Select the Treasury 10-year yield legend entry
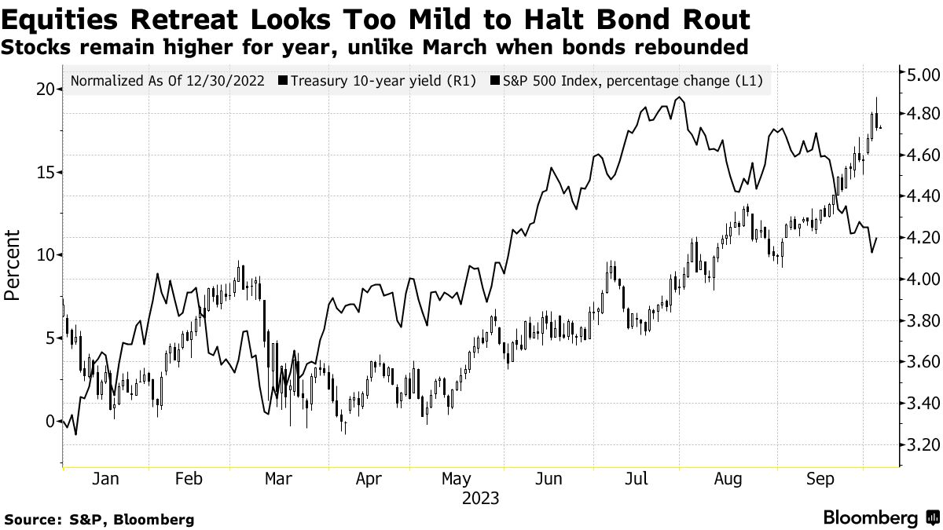383,80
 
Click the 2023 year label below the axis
481,498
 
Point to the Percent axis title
13,265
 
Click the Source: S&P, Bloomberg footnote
99,519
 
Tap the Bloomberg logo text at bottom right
870,518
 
